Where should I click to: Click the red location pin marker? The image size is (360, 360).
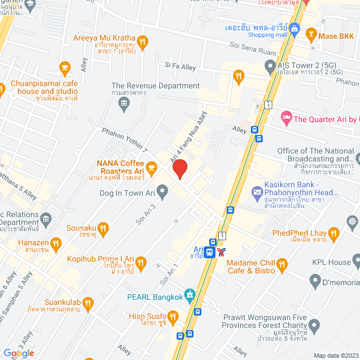[x=179, y=169]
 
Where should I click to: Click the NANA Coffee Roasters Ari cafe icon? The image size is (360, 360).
[x=151, y=167]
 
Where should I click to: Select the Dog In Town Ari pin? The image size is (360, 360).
[x=163, y=192]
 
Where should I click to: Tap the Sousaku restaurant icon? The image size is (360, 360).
[x=102, y=228]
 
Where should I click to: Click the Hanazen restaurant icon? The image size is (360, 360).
[x=55, y=244]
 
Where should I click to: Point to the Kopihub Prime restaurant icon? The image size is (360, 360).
[x=141, y=262]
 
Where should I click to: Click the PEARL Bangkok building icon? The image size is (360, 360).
[x=191, y=293]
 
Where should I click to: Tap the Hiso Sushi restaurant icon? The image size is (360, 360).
[x=173, y=317]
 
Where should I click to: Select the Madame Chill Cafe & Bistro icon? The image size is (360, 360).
[x=282, y=263]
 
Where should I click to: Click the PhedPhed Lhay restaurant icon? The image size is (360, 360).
[x=334, y=232]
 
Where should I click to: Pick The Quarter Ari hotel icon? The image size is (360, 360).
[x=286, y=119]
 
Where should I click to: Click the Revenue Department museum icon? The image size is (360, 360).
[x=124, y=103]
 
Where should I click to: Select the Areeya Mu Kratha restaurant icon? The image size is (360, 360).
[x=143, y=40]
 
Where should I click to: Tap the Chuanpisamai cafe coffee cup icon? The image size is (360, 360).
[x=64, y=69]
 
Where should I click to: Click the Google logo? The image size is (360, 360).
[x=19, y=353]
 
